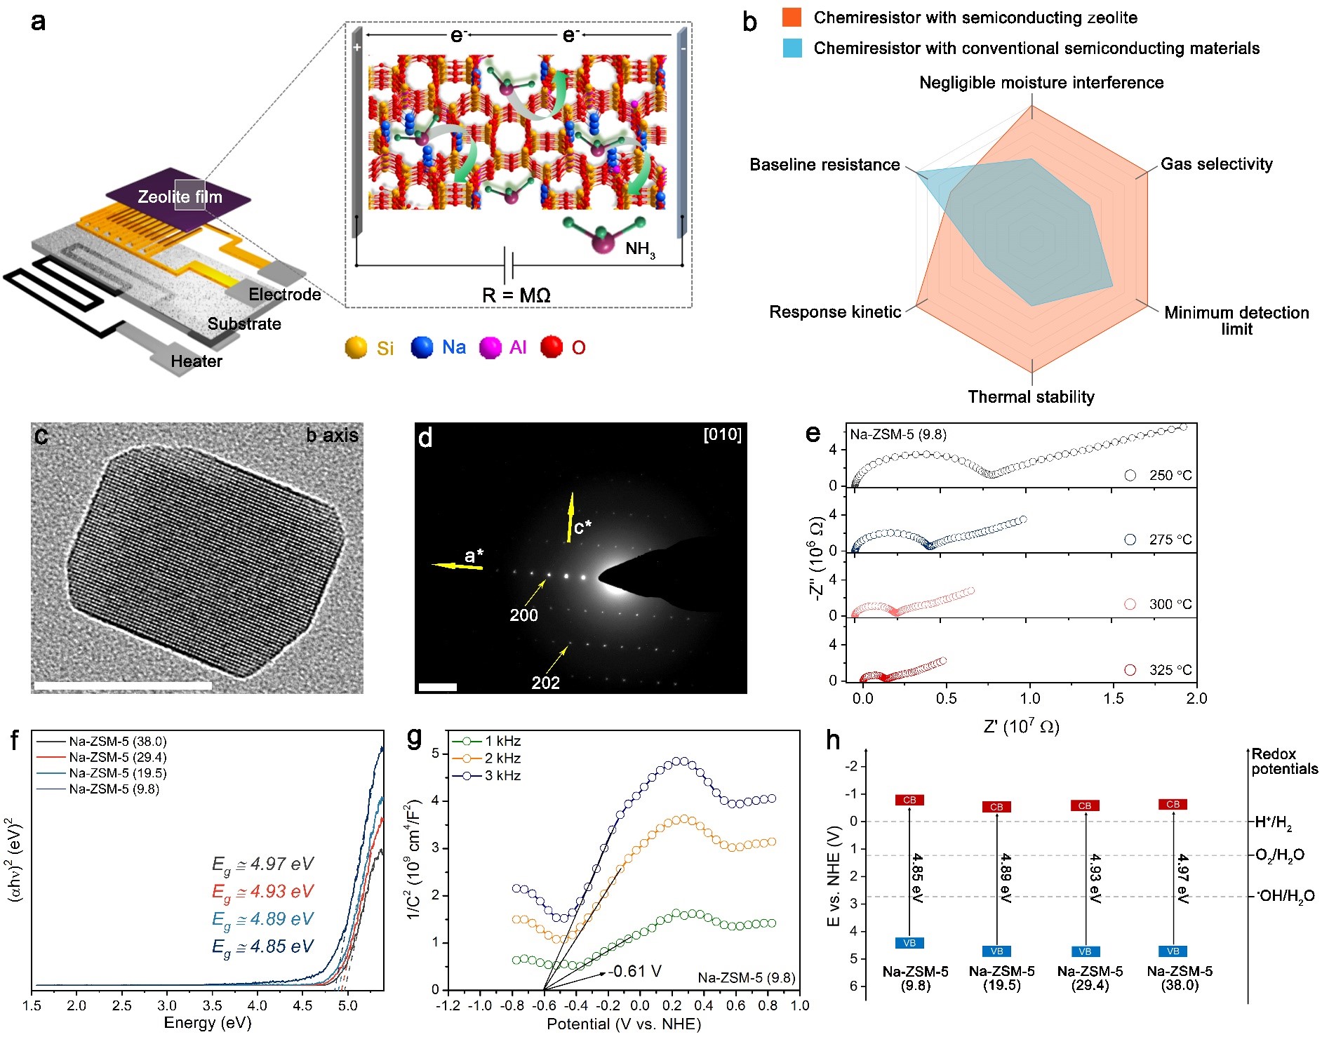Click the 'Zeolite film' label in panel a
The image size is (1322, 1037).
(x=180, y=197)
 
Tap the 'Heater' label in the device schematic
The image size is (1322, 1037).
(x=196, y=361)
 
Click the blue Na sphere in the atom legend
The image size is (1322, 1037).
(x=422, y=347)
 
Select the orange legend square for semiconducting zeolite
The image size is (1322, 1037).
(x=792, y=18)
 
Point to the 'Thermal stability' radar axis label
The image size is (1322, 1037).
(x=1031, y=397)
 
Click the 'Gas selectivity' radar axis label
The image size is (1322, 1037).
(x=1216, y=164)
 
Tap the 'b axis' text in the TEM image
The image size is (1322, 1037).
(x=332, y=436)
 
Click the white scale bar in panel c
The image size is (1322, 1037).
(x=123, y=685)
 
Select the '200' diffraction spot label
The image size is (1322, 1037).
(x=523, y=615)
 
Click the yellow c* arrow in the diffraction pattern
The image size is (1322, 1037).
(x=570, y=517)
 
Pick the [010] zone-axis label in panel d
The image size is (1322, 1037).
(x=722, y=435)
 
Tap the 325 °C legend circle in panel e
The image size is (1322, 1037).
(x=1130, y=670)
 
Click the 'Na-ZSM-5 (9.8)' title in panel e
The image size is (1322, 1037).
(x=898, y=435)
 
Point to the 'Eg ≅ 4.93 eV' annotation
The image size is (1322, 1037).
(x=262, y=892)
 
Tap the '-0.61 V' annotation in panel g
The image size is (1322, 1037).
(x=635, y=972)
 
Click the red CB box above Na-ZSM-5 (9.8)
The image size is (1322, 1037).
(x=909, y=800)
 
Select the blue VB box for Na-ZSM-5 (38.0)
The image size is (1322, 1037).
(x=1173, y=951)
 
